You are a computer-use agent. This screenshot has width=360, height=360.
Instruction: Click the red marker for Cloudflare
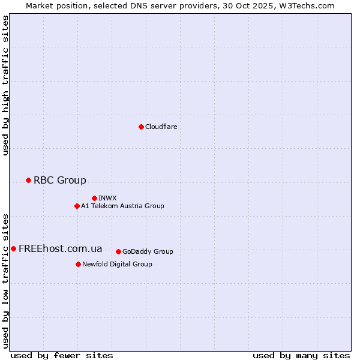[x=141, y=127]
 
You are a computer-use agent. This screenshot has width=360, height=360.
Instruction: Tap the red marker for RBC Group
[x=28, y=180]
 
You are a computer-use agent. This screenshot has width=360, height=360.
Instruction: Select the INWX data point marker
[x=94, y=198]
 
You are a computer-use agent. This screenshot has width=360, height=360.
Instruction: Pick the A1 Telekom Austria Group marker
[x=77, y=206]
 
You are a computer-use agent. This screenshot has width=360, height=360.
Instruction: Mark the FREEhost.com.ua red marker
[x=13, y=248]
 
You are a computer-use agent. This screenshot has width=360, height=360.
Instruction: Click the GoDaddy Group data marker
[x=118, y=251]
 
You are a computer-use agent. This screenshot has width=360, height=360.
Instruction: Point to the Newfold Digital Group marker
[x=78, y=264]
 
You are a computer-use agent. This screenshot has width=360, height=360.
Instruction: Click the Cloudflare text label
[x=161, y=127]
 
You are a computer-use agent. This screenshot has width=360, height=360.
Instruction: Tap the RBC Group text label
[x=60, y=180]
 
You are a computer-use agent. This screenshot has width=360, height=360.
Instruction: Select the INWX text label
[x=107, y=198]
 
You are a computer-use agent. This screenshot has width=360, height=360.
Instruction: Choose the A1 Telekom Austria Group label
[x=122, y=206]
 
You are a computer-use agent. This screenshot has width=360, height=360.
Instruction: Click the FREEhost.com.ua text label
[x=61, y=248]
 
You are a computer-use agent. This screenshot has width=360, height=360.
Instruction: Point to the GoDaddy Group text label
[x=148, y=251]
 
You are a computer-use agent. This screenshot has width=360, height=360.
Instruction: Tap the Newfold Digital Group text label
[x=117, y=264]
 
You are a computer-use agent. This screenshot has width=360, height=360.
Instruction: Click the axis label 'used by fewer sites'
[x=62, y=355]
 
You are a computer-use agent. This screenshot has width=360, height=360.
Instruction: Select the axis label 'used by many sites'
[x=301, y=355]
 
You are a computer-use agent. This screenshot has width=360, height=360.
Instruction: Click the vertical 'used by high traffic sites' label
[x=5, y=85]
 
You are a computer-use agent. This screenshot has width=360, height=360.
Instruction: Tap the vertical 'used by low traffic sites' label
[x=5, y=281]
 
